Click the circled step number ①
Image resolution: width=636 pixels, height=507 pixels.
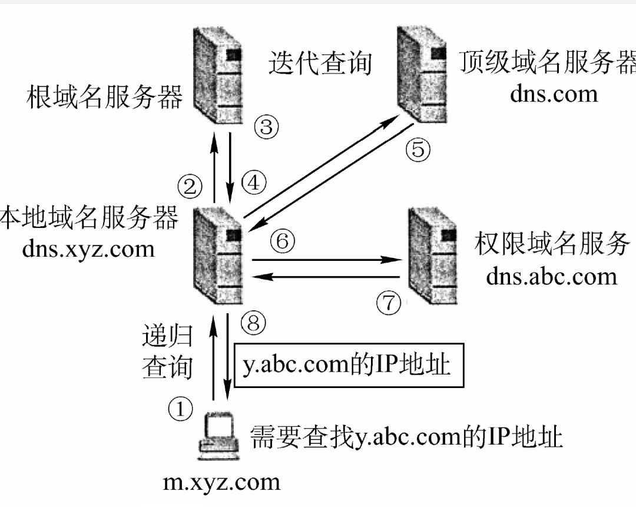click(180, 409)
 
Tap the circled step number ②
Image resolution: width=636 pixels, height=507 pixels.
click(190, 187)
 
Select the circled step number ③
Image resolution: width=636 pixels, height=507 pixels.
click(267, 127)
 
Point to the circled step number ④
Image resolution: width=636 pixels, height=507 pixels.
click(254, 182)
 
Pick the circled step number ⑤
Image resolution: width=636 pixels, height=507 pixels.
click(418, 149)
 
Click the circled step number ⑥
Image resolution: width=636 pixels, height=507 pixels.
click(283, 241)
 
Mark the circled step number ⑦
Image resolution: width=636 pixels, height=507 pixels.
click(389, 303)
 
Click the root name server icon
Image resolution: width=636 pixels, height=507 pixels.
click(218, 75)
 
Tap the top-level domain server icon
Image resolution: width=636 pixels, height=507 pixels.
click(422, 75)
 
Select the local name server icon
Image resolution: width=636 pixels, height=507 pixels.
click(218, 256)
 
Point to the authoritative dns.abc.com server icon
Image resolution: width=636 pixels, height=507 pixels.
click(433, 256)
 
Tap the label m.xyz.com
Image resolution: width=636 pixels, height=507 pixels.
click(221, 483)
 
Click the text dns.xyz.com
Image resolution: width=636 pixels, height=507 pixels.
click(88, 249)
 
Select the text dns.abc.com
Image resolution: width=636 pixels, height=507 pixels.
click(552, 277)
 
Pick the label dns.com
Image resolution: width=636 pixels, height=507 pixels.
click(554, 94)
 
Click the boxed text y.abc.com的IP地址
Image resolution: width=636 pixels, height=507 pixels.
click(346, 364)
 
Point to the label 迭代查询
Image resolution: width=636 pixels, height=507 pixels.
click(320, 63)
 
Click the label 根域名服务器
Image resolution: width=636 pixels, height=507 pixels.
click(105, 97)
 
